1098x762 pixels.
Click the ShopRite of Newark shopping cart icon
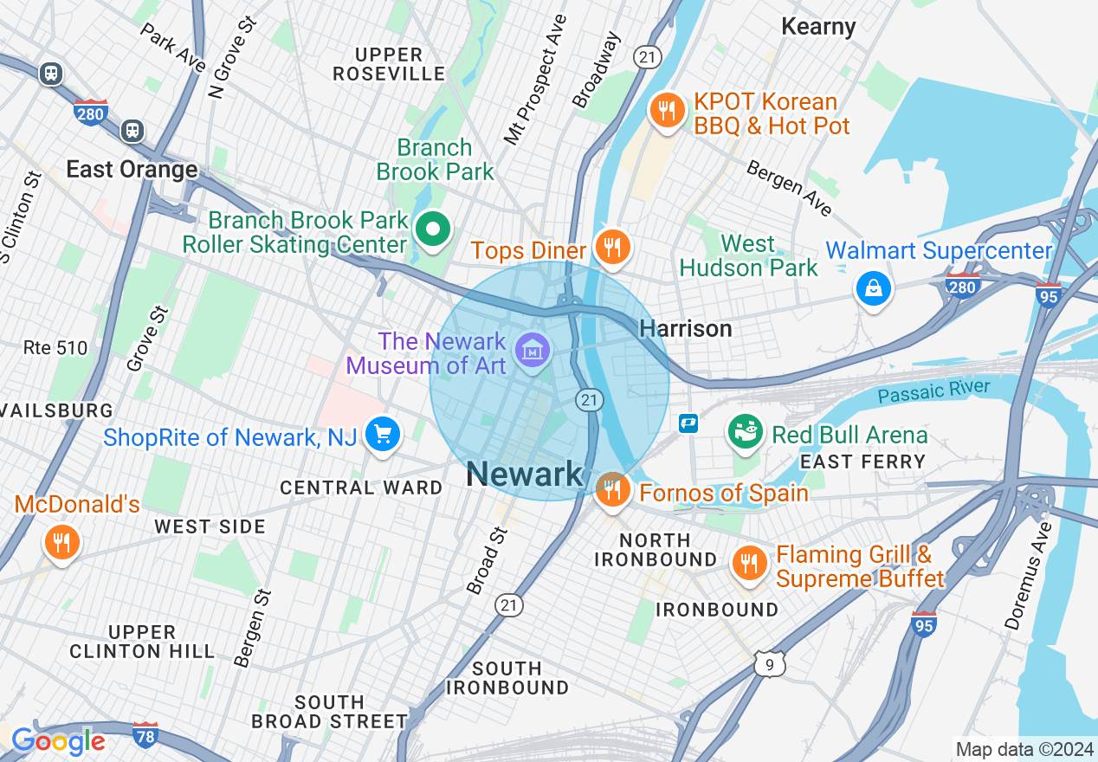tap(382, 434)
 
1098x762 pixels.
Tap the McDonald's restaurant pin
tap(61, 542)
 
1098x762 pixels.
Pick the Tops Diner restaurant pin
tap(612, 248)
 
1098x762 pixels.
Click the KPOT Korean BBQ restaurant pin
tap(666, 111)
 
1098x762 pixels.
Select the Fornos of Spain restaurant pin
tap(612, 489)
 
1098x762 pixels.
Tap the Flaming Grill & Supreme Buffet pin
tap(749, 564)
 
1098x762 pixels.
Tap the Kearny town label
tap(818, 27)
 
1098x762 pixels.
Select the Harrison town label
tap(685, 329)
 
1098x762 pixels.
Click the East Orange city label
tap(132, 169)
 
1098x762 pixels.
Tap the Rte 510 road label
tap(55, 348)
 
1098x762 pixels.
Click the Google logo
tap(58, 741)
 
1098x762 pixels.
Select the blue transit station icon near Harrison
tap(688, 423)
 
